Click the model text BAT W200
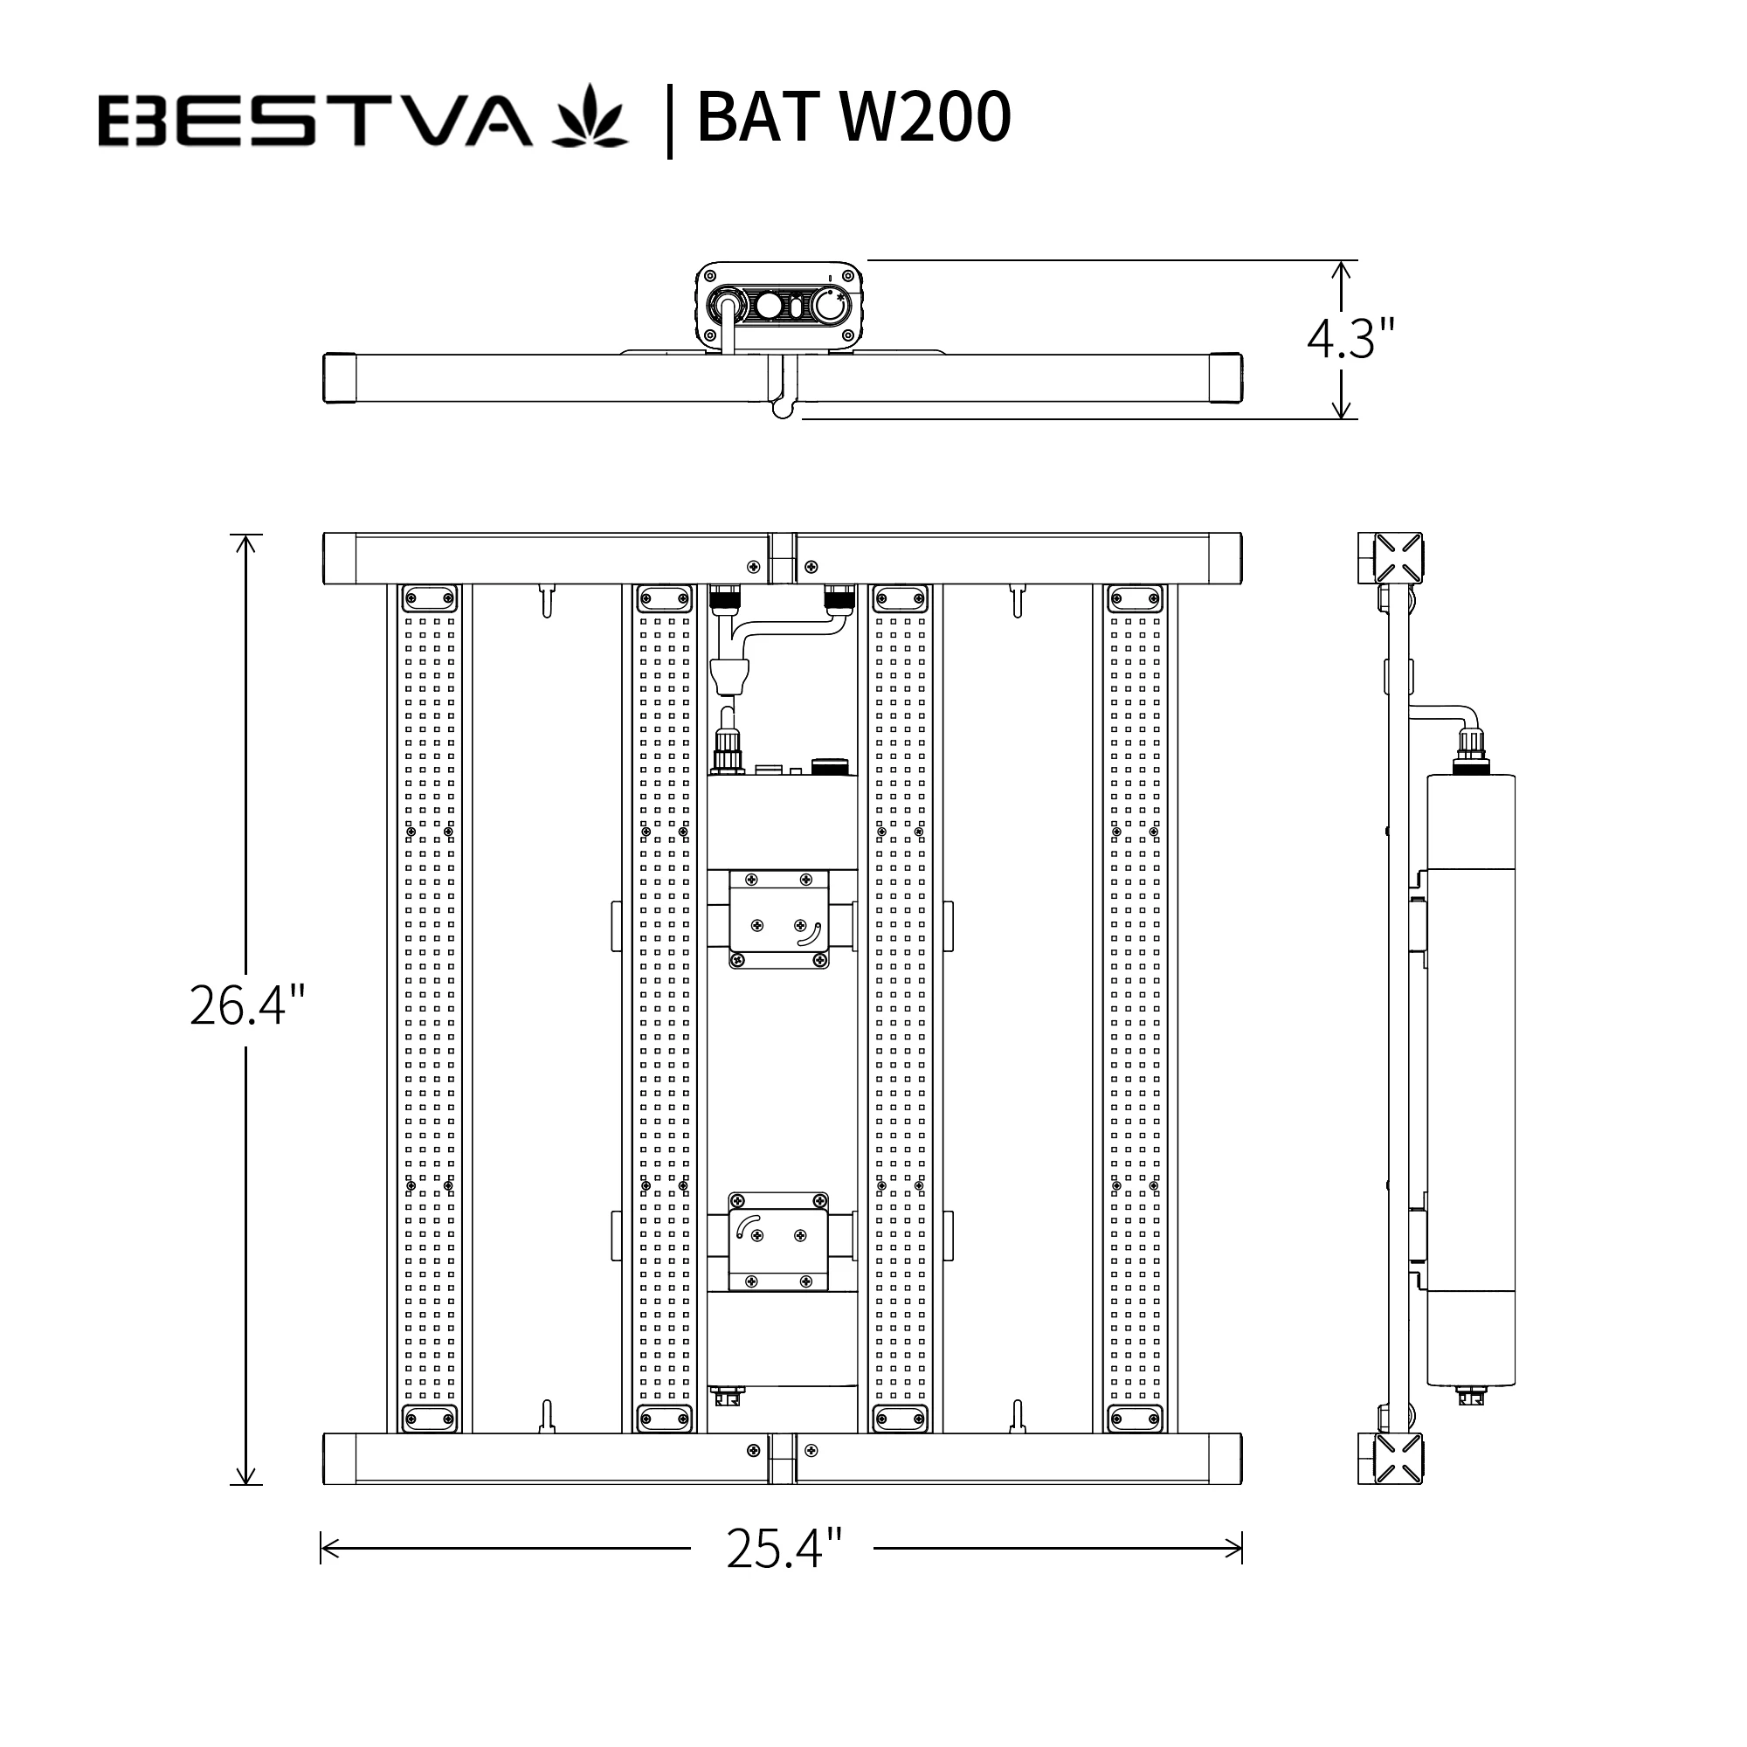point(853,118)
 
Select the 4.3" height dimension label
point(1351,339)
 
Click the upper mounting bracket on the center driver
point(778,919)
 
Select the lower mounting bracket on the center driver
point(778,1241)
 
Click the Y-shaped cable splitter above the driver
point(728,673)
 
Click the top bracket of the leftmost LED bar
point(430,597)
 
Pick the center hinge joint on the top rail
point(782,558)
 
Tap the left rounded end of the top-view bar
point(339,378)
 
